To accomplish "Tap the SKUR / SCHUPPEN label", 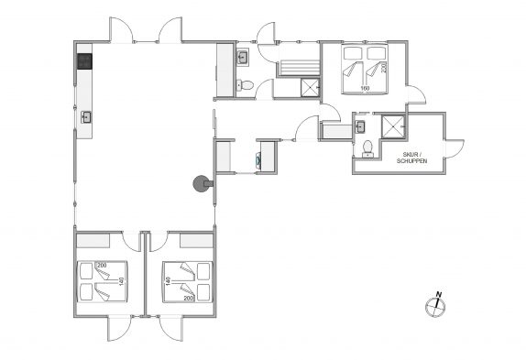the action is (412, 158).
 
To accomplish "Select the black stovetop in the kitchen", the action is (85, 61).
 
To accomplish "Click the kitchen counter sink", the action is (86, 117).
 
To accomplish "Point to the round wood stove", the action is (202, 183).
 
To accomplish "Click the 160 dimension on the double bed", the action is (365, 88).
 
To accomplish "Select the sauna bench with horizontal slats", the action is (298, 68).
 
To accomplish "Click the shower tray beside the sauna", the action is (310, 88).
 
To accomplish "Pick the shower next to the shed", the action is (393, 126).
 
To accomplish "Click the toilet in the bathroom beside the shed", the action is (367, 148).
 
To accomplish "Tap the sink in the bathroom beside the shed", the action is (360, 126).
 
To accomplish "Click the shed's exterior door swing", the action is (455, 148).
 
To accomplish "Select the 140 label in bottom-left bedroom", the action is (122, 281).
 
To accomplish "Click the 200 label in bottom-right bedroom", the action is (189, 298).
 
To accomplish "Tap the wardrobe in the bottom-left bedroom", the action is (93, 241).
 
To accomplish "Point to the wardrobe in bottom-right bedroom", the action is (197, 241).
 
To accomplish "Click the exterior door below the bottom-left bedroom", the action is (119, 328).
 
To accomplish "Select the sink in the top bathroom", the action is (243, 58).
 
